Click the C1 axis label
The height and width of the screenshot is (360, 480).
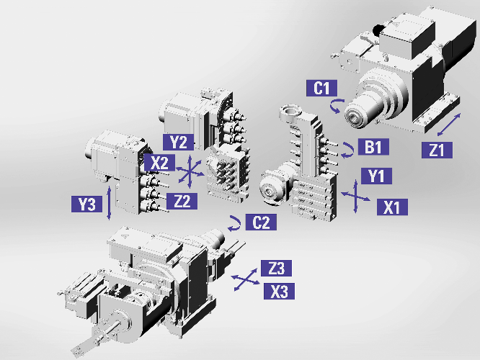pos(321,89)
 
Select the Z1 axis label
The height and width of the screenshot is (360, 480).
pos(436,150)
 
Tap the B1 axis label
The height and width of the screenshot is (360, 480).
pos(373,148)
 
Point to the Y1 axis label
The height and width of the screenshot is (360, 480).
pos(375,176)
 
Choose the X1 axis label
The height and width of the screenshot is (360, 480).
pos(392,207)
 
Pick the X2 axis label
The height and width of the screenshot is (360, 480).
pos(159,163)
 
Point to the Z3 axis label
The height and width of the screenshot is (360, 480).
pos(276,269)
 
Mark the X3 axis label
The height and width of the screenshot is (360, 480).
pos(276,292)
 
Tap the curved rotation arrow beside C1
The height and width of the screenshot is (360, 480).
pos(336,107)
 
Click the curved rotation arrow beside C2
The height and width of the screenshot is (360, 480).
pos(235,220)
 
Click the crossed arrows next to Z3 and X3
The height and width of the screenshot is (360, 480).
pos(244,280)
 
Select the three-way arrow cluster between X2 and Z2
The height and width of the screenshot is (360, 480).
pos(189,171)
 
